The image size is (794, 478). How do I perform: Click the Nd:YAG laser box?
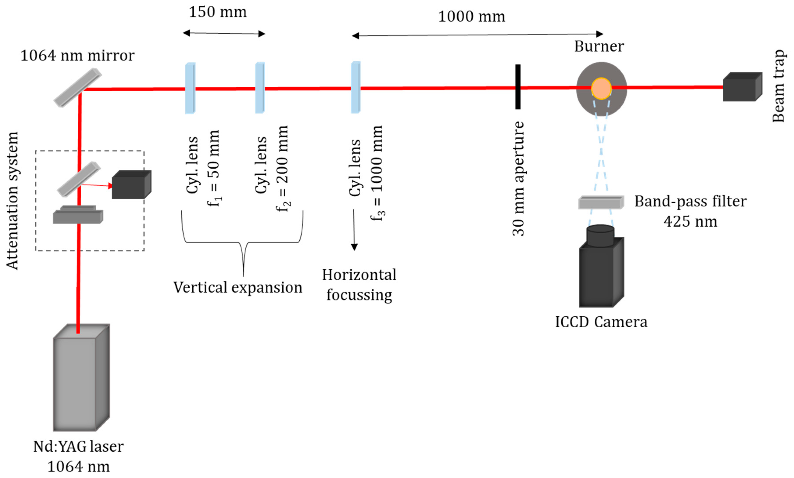point(80,379)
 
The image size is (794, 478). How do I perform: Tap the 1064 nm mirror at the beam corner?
point(77,87)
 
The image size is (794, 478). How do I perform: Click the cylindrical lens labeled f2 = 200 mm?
point(260,88)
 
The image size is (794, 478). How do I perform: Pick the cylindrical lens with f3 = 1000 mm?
point(355,87)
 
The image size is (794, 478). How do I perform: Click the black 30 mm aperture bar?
point(518,87)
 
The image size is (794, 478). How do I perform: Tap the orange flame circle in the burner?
point(601,88)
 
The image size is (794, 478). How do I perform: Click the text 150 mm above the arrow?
point(218,12)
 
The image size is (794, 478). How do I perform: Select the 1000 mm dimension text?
point(471,16)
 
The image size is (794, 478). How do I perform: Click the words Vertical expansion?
point(238,287)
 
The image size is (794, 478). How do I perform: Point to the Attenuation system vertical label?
point(12,200)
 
